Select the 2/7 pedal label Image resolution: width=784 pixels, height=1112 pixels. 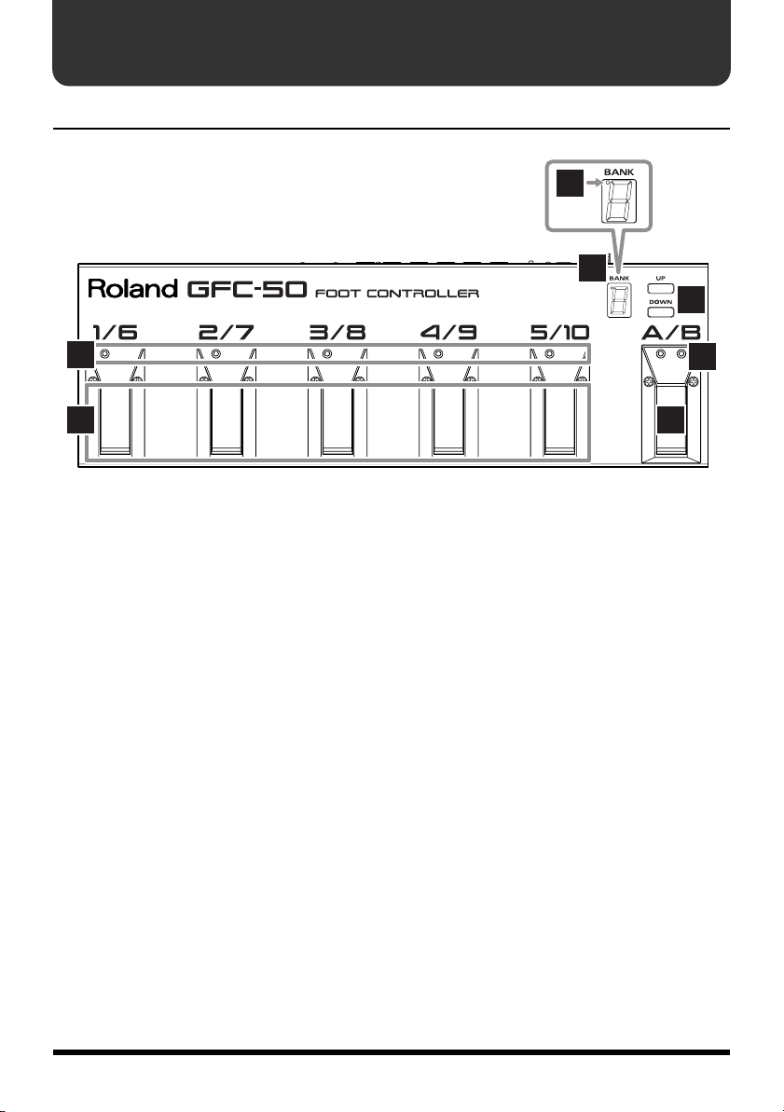click(227, 333)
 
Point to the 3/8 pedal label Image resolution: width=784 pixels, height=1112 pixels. click(338, 333)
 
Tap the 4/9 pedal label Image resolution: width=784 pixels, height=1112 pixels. click(449, 333)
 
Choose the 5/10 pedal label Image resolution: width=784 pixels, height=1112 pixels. click(559, 333)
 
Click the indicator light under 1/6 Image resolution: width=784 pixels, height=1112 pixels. click(103, 354)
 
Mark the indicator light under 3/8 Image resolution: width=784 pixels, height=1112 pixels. click(326, 354)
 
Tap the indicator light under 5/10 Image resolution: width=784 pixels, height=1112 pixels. click(549, 354)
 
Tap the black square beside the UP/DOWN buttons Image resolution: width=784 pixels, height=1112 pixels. click(691, 299)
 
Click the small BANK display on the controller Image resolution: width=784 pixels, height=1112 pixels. click(616, 300)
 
